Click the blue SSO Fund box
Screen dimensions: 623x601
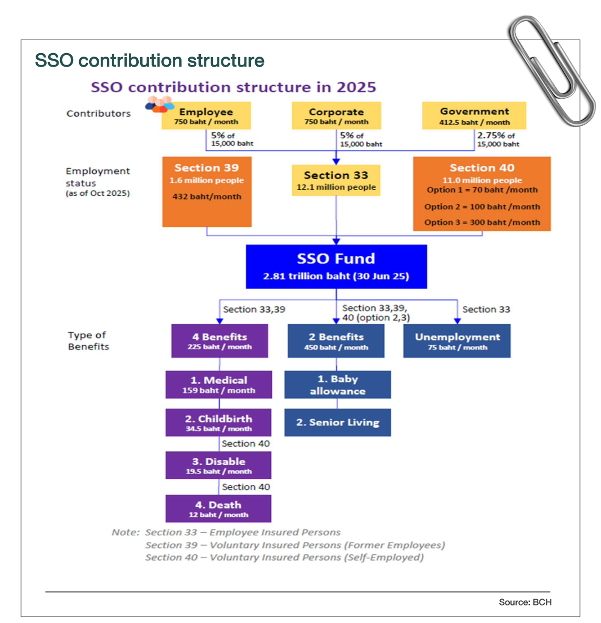coord(336,266)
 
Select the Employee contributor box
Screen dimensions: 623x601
coord(206,116)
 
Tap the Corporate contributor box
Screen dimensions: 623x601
coord(336,116)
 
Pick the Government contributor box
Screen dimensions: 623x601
coord(474,116)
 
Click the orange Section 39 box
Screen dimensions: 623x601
coord(207,192)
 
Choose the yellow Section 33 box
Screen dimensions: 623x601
coord(336,180)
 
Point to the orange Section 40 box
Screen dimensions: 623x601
coord(482,194)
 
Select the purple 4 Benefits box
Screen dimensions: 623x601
coord(219,341)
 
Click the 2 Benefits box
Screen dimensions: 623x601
coord(336,341)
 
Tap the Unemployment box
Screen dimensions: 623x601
coord(457,341)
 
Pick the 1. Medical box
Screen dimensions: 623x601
coord(219,385)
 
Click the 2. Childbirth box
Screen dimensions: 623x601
coord(218,423)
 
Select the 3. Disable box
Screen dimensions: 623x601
coord(218,465)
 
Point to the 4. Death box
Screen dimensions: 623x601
coord(218,509)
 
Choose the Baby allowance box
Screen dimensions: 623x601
coord(338,385)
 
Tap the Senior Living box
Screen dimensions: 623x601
coord(338,423)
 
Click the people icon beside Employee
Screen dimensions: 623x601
coord(159,105)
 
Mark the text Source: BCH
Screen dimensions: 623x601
coord(525,602)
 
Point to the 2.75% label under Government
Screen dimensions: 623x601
coord(495,135)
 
